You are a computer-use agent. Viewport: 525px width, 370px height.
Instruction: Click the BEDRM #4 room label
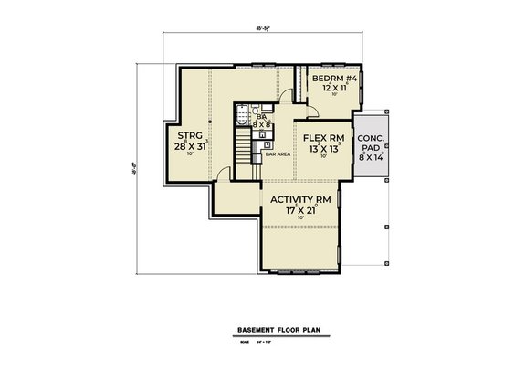click(x=326, y=79)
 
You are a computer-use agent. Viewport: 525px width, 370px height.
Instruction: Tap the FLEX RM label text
click(x=321, y=139)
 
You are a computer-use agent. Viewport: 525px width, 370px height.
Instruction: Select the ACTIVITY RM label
click(x=299, y=200)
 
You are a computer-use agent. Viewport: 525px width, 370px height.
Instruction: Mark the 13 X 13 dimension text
click(x=321, y=150)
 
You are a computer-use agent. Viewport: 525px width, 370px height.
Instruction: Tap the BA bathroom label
click(x=260, y=117)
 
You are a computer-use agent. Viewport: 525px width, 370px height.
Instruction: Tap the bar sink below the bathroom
click(x=262, y=143)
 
